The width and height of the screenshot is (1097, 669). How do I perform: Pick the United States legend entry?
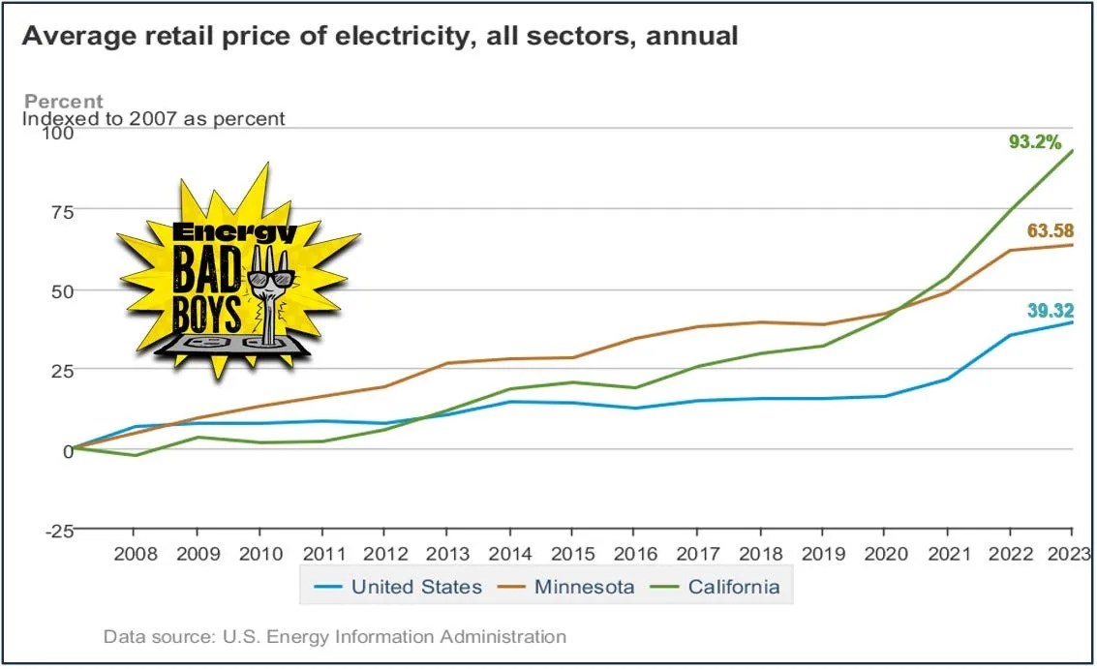coord(415,587)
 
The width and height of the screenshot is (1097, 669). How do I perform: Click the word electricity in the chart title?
coord(431,37)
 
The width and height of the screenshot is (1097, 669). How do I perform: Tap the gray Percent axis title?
coord(63,102)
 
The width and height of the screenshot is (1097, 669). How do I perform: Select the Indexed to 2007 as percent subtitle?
coord(154,119)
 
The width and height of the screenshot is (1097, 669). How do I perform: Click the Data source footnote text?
coord(334,637)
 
